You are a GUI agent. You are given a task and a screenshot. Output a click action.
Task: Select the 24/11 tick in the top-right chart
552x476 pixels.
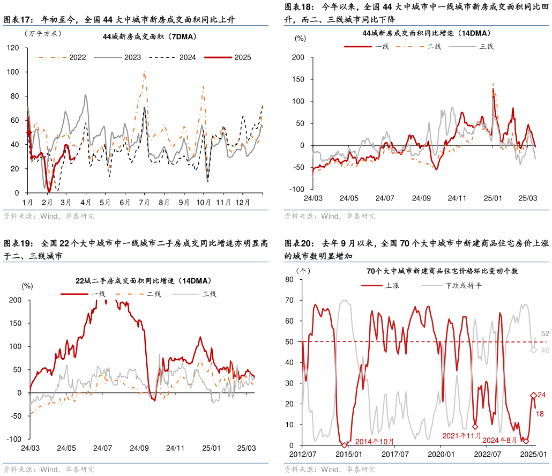457,198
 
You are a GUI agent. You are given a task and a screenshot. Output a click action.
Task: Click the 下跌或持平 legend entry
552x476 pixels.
463,285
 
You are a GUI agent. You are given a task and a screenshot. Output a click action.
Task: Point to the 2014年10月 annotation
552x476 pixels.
374,442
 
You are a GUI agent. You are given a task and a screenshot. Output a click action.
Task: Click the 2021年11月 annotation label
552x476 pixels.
462,436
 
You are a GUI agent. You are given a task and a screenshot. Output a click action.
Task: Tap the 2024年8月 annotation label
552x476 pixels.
499,441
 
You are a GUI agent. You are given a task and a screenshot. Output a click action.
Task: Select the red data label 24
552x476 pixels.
541,395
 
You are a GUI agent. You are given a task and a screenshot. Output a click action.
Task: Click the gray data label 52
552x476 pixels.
546,333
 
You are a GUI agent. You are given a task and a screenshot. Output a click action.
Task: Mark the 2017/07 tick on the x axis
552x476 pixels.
396,454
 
